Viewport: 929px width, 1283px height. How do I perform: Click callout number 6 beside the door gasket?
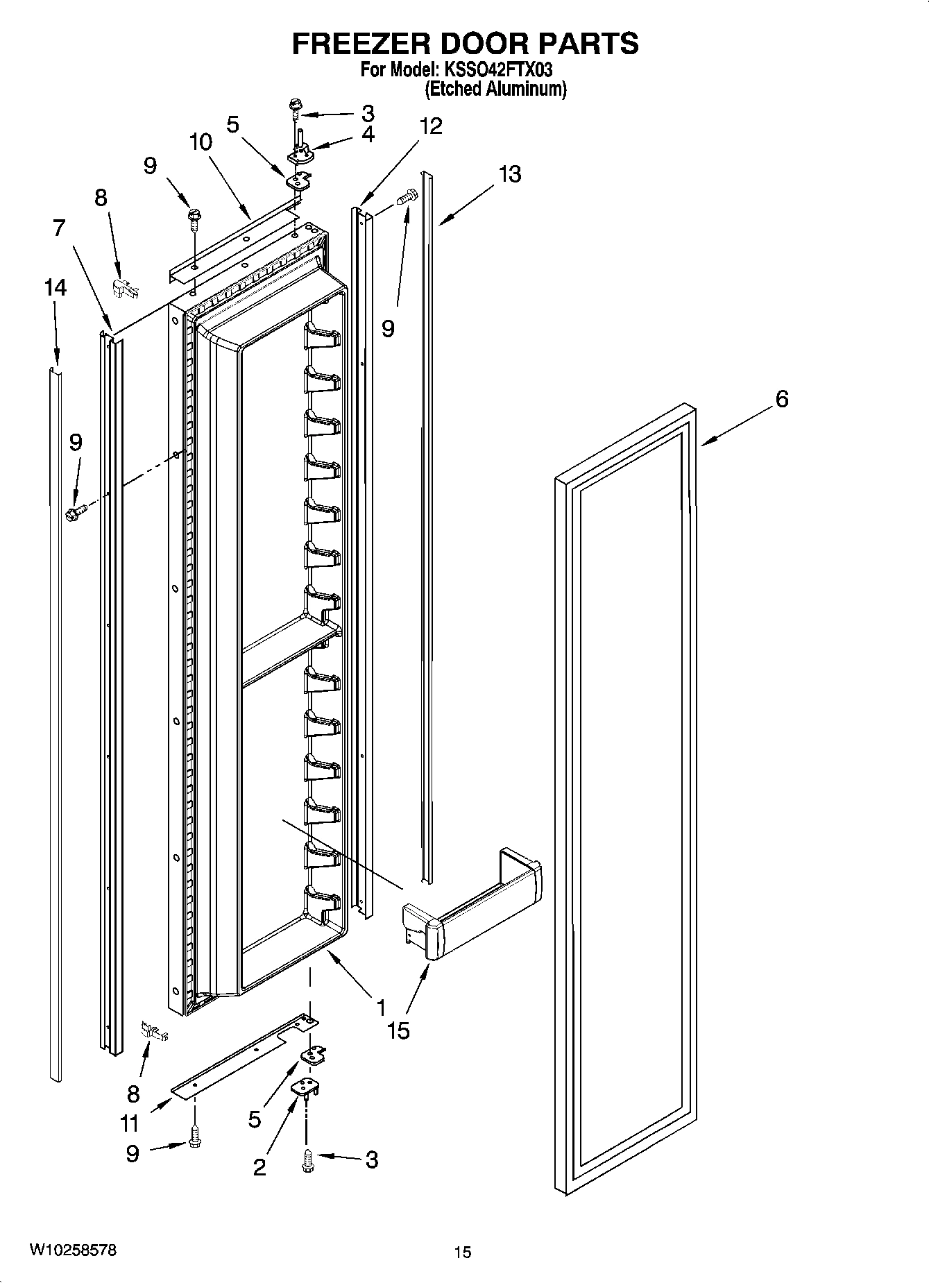tap(782, 399)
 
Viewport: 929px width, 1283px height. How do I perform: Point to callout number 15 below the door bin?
tap(398, 1030)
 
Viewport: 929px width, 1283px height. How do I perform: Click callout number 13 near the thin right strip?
tap(510, 173)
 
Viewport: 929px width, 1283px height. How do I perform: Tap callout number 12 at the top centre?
tap(431, 126)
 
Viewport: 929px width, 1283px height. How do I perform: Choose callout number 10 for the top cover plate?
tap(201, 142)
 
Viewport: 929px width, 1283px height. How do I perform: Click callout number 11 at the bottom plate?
tap(130, 1122)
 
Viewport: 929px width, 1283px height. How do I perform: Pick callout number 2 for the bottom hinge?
tap(259, 1167)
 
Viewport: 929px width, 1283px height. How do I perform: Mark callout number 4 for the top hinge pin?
tap(368, 134)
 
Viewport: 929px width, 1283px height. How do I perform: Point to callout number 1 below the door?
tap(381, 1007)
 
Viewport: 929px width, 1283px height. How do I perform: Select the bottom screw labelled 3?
tap(307, 1160)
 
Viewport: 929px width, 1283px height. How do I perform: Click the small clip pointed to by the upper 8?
tap(123, 288)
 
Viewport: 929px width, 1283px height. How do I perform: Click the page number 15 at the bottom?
tap(463, 1252)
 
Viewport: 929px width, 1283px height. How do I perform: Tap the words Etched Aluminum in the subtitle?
tap(495, 89)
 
